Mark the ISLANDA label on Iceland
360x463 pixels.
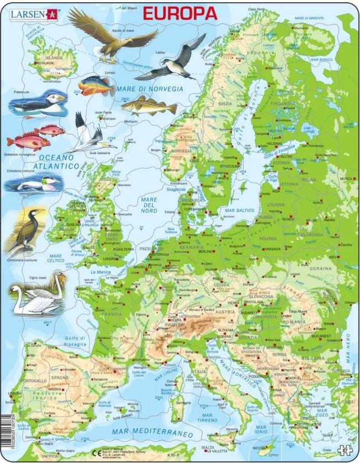pyautogui.click(x=54, y=57)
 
